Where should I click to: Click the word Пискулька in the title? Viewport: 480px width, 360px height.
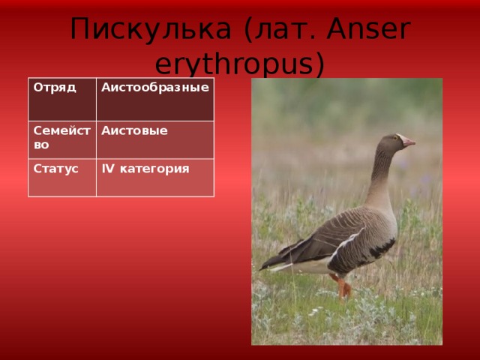[150, 28]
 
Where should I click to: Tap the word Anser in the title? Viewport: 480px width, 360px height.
[368, 28]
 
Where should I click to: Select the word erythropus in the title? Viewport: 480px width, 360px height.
[235, 64]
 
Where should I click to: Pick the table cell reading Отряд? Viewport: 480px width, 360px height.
[62, 99]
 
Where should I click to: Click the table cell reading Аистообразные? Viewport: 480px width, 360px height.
[155, 99]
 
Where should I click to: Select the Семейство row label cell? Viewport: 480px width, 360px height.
[62, 140]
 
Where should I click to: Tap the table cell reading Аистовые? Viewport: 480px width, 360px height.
[155, 140]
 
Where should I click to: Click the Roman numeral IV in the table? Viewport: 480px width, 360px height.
[108, 168]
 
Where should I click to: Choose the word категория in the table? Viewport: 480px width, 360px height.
[154, 169]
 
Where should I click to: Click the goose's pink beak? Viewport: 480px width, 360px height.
[408, 142]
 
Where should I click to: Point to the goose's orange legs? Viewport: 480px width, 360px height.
[342, 286]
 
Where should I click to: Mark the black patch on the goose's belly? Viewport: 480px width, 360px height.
[382, 248]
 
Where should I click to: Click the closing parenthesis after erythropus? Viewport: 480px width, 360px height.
[320, 64]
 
